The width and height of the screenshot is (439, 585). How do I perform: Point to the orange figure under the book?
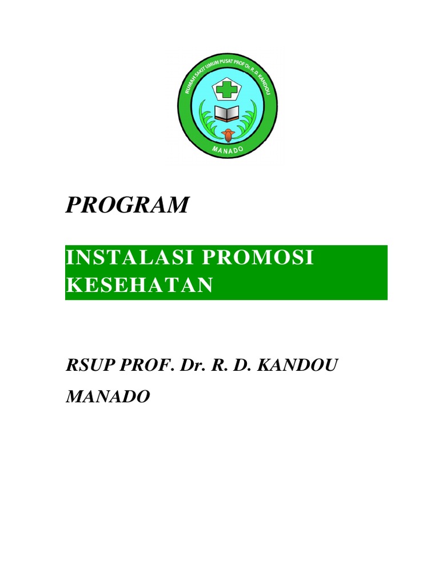229,135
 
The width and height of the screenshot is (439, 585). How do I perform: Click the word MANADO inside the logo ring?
228,150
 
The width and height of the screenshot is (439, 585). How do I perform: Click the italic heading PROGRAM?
127,205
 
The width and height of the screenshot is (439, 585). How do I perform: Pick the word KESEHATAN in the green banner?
139,285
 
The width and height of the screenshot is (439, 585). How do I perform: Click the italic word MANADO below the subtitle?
108,396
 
